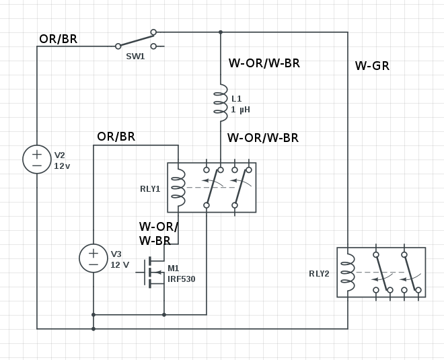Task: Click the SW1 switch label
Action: point(135,57)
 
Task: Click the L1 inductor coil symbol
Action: point(221,102)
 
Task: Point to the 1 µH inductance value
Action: point(240,109)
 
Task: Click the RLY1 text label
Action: point(150,189)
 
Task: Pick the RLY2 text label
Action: point(319,274)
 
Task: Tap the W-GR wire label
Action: point(372,66)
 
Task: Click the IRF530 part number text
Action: point(182,279)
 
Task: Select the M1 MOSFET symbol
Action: point(150,273)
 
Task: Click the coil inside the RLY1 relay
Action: point(178,188)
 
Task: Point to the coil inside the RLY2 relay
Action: point(348,273)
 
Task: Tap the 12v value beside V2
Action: point(62,166)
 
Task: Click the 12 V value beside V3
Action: point(120,265)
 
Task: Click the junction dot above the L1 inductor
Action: point(221,32)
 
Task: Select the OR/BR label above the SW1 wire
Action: point(58,39)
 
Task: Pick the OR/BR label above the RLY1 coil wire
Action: point(116,137)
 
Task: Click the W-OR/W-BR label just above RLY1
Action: point(263,138)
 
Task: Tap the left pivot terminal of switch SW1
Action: point(118,46)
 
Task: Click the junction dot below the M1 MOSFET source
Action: point(164,315)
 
